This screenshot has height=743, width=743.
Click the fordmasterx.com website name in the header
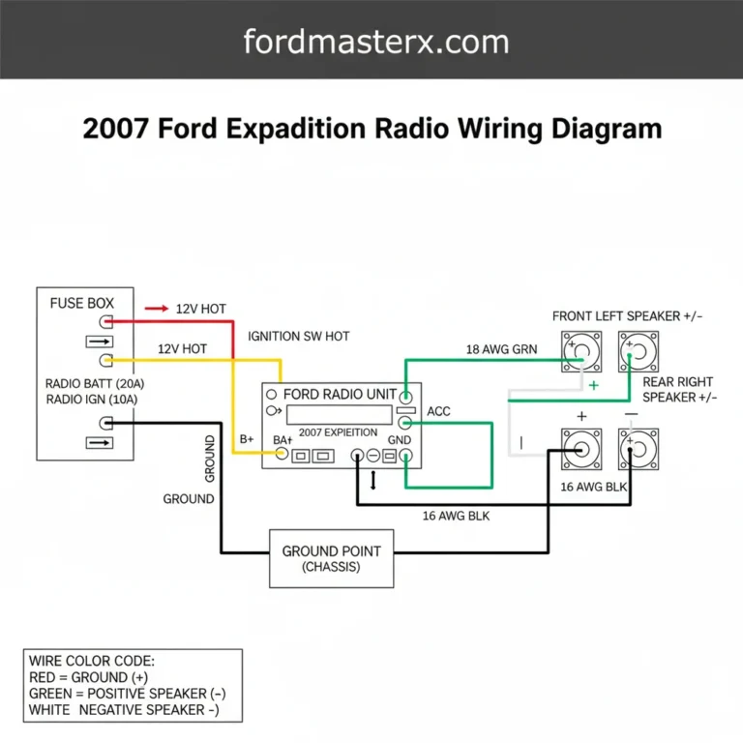(x=375, y=42)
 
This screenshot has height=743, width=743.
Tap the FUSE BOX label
(x=81, y=303)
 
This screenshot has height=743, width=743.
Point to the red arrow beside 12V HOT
(x=156, y=309)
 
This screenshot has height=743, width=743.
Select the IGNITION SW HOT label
(x=299, y=336)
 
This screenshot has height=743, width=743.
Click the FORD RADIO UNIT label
(x=339, y=395)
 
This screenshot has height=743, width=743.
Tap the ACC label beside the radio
(x=438, y=411)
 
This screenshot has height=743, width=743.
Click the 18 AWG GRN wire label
(x=501, y=349)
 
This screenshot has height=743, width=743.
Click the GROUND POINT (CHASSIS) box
(x=331, y=558)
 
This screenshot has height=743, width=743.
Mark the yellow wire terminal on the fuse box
(x=106, y=360)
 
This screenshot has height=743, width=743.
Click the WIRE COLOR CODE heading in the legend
(x=92, y=661)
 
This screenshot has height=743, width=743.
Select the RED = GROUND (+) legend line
(x=101, y=677)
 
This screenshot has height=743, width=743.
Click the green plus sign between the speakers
(x=594, y=386)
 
